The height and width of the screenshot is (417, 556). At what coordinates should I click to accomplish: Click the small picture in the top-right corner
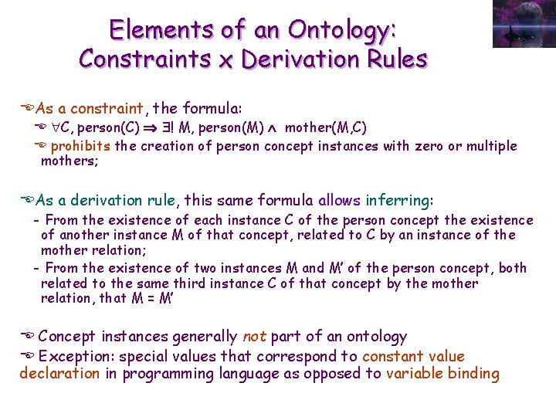coord(523,24)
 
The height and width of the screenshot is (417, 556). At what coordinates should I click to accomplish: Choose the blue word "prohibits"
coord(81,146)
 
